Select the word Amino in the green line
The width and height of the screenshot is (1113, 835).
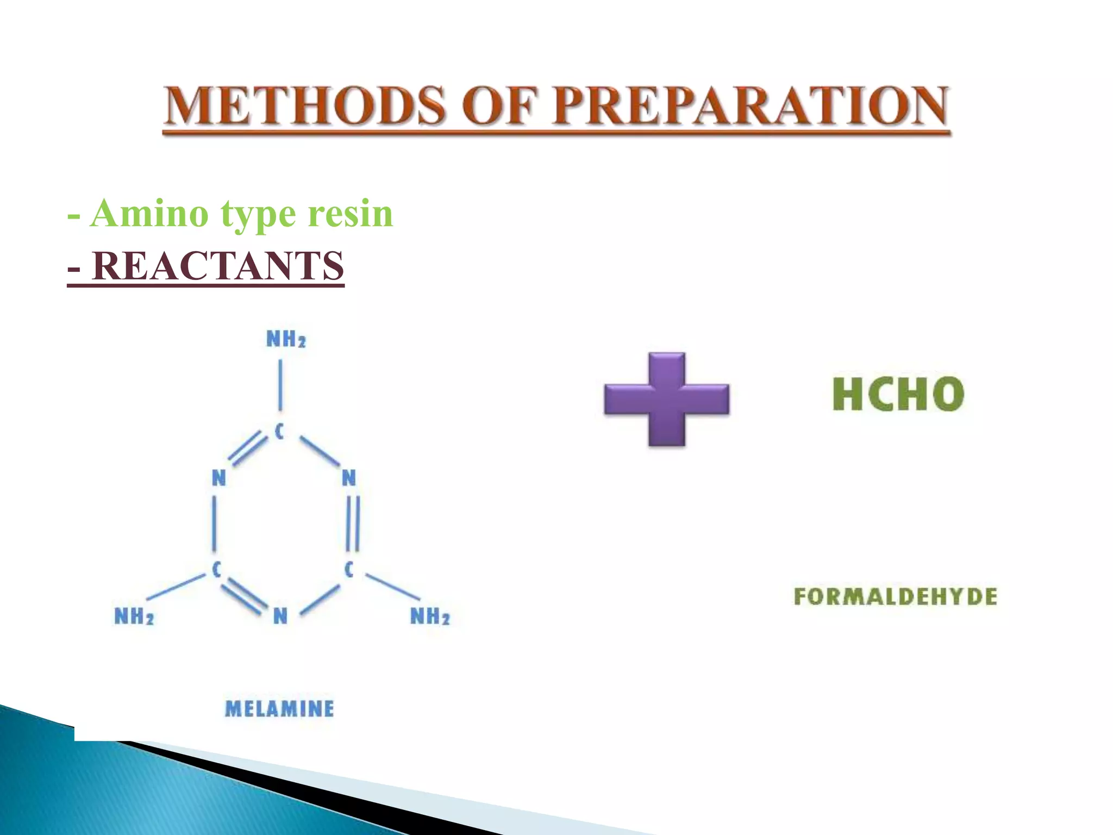(149, 213)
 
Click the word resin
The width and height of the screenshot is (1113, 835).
(350, 213)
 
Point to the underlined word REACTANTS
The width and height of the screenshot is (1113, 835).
(217, 266)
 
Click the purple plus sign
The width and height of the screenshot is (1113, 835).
(667, 399)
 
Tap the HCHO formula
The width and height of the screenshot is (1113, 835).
(898, 394)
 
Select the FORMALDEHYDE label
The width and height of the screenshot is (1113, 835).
(895, 596)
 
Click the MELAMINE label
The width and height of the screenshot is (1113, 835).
(279, 708)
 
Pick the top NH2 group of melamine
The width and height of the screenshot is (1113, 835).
(286, 339)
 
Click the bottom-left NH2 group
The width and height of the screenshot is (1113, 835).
(134, 616)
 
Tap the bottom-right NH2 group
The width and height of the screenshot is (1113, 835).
(430, 616)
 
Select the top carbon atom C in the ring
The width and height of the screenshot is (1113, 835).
(279, 432)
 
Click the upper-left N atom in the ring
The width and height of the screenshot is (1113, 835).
(218, 478)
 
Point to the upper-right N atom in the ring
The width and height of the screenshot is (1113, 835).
(349, 478)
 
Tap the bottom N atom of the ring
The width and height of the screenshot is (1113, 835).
(280, 616)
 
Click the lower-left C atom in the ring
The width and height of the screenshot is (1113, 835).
(216, 570)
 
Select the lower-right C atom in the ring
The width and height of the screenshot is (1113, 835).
(349, 570)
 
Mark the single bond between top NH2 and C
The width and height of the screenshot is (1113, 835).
(280, 385)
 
